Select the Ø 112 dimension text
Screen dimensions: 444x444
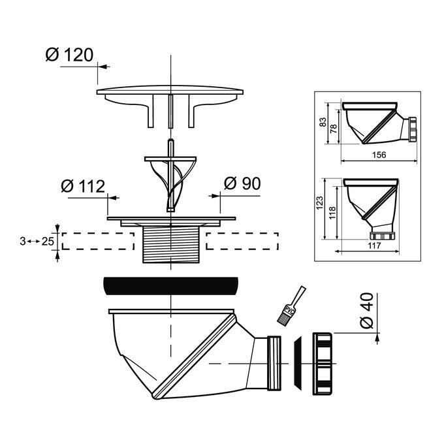(83, 186)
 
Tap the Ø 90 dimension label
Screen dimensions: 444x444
(242, 183)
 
